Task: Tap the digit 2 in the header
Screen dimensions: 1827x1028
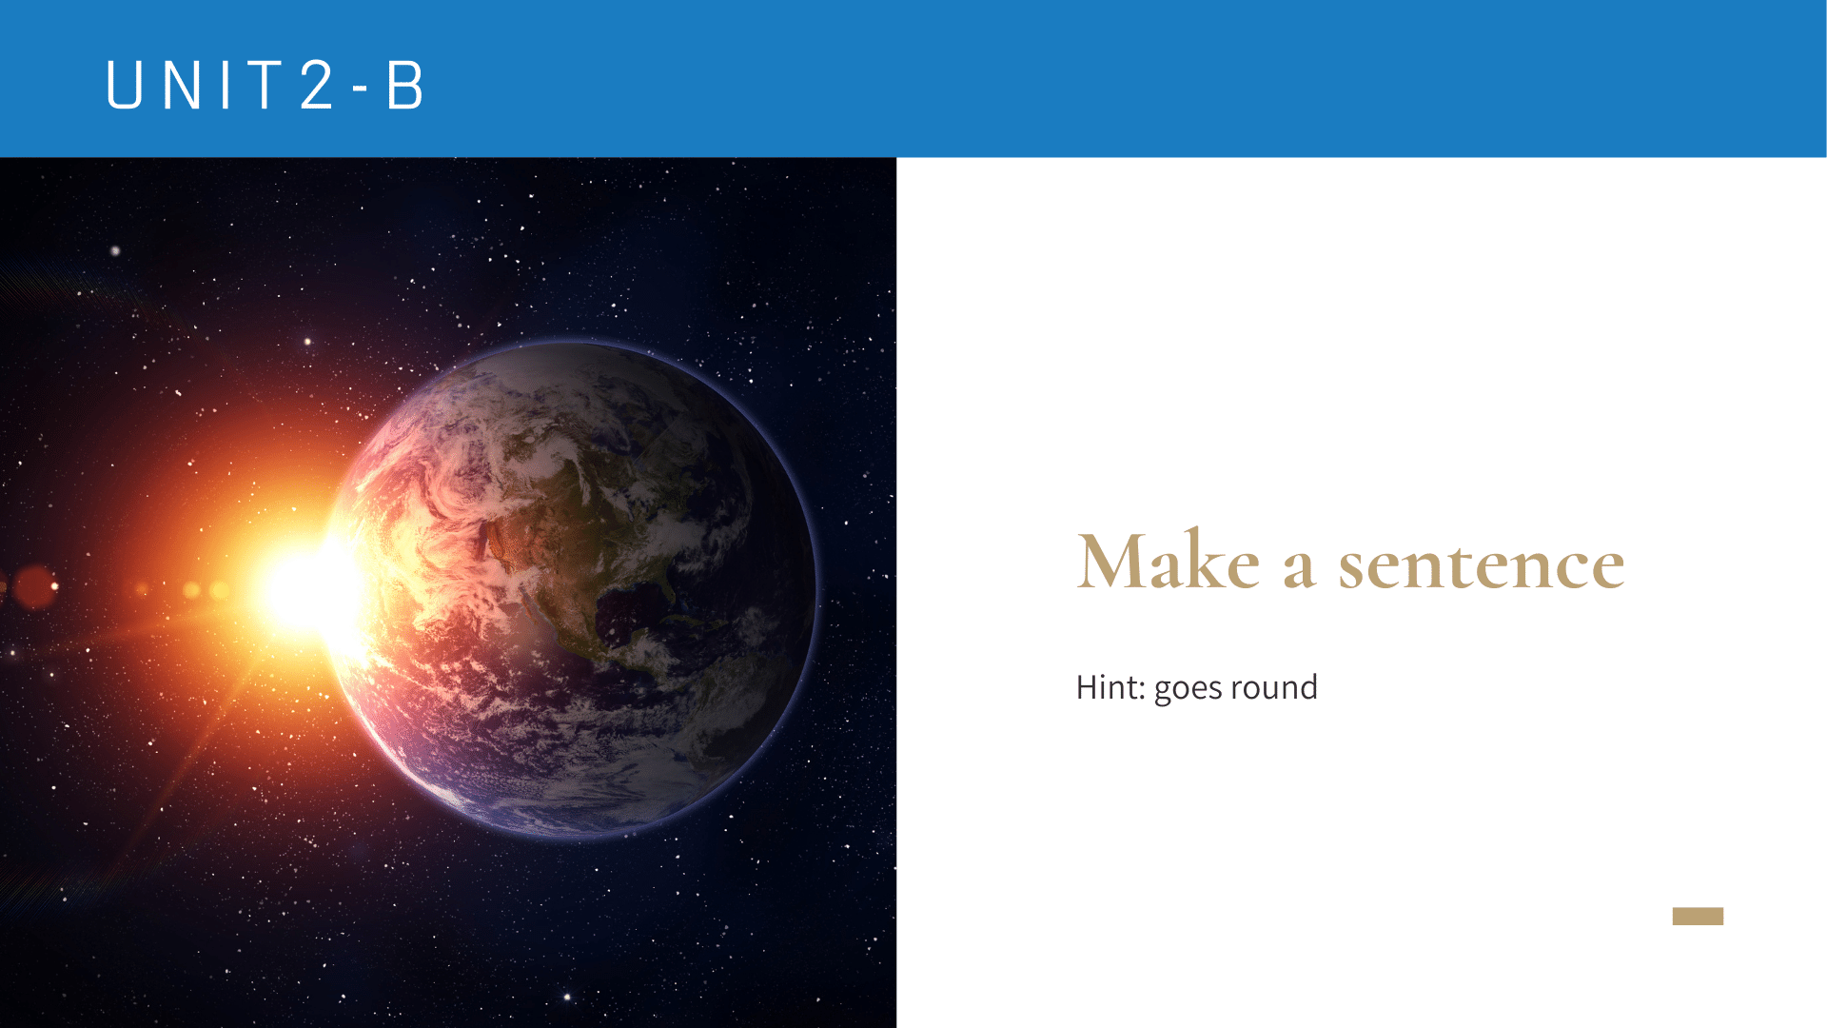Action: [x=317, y=85]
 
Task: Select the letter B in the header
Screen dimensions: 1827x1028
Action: [x=404, y=85]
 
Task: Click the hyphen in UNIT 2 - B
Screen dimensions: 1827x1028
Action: [x=360, y=89]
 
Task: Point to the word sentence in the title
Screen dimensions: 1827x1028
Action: [x=1482, y=565]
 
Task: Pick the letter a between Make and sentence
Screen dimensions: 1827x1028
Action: [x=1299, y=569]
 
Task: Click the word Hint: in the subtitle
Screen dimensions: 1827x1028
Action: [x=1110, y=687]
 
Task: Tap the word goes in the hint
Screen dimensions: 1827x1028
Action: [x=1188, y=689]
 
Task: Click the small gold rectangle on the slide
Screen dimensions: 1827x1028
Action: [x=1698, y=916]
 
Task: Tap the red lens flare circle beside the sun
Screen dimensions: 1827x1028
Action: [x=35, y=586]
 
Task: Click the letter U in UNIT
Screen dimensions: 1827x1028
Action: [x=125, y=85]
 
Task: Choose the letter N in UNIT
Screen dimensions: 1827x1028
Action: [x=182, y=85]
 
